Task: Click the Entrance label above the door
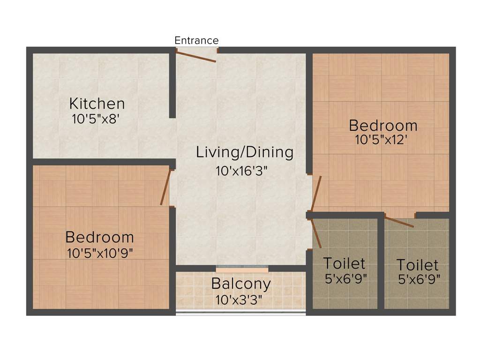(x=196, y=40)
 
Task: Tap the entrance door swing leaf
(x=196, y=56)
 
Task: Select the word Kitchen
(x=97, y=103)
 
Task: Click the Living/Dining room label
(x=245, y=152)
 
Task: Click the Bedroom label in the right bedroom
(x=383, y=126)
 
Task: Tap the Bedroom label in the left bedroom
(x=99, y=237)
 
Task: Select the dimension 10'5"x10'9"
(x=100, y=253)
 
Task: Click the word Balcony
(x=240, y=284)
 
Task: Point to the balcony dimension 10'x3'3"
(x=239, y=299)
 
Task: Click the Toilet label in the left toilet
(x=344, y=263)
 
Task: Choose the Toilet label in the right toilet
(x=417, y=265)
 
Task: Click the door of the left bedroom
(x=165, y=187)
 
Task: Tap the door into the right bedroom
(x=316, y=194)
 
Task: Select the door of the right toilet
(x=399, y=221)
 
